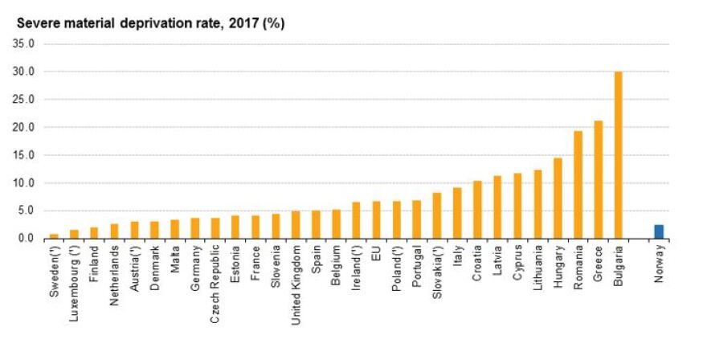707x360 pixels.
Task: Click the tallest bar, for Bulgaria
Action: pos(619,155)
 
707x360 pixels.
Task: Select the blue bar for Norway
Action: pos(659,231)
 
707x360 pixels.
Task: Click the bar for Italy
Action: pos(457,213)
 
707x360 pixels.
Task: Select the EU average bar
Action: pos(376,220)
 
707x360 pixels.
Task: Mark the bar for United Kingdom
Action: pos(296,225)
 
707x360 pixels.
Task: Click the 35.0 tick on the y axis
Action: pos(24,44)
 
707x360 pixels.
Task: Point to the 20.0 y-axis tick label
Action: pos(24,128)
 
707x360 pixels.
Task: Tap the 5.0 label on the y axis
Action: pos(27,211)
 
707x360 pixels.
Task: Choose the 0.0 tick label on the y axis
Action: pos(27,239)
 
